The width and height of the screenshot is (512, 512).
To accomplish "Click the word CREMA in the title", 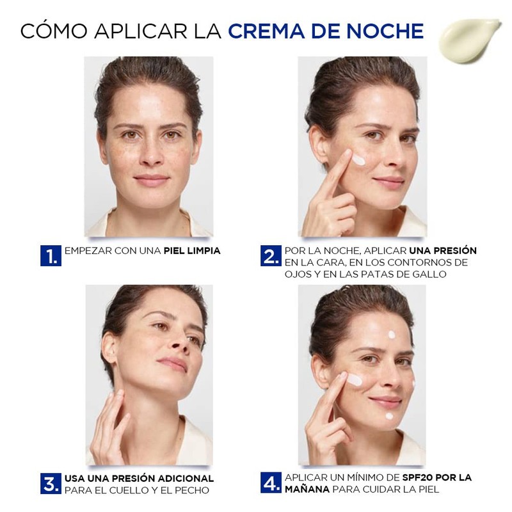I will (263, 30).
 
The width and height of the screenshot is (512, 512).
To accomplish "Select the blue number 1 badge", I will (51, 255).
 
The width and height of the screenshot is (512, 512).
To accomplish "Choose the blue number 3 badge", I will (51, 484).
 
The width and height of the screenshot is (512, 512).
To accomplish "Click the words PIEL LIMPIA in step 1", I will (192, 251).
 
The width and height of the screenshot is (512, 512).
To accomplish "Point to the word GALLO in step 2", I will (427, 274).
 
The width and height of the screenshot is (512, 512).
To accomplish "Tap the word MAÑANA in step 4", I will (307, 490).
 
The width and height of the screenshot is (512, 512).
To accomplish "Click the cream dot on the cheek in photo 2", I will (359, 160).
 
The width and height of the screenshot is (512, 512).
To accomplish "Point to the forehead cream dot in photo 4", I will (392, 334).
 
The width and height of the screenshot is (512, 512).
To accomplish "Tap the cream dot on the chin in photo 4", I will (389, 416).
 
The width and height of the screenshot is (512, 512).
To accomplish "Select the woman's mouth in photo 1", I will (152, 180).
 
